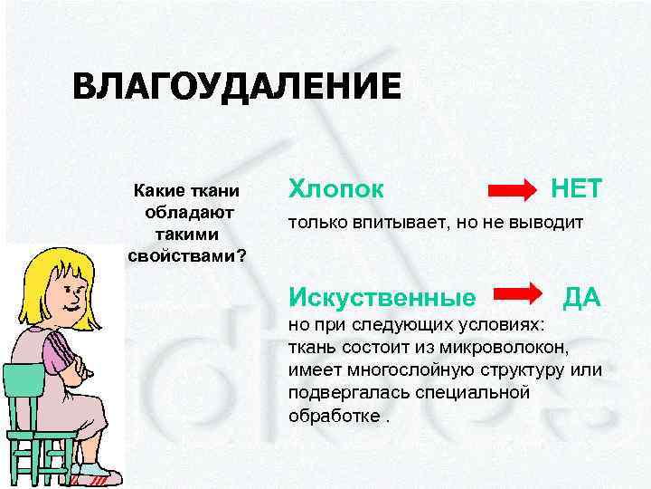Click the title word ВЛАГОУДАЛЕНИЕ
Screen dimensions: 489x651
(235, 88)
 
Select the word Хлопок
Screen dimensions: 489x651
(335, 189)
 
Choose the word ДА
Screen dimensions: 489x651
(582, 296)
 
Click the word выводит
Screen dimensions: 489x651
(548, 223)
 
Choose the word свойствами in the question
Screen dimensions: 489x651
(181, 254)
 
